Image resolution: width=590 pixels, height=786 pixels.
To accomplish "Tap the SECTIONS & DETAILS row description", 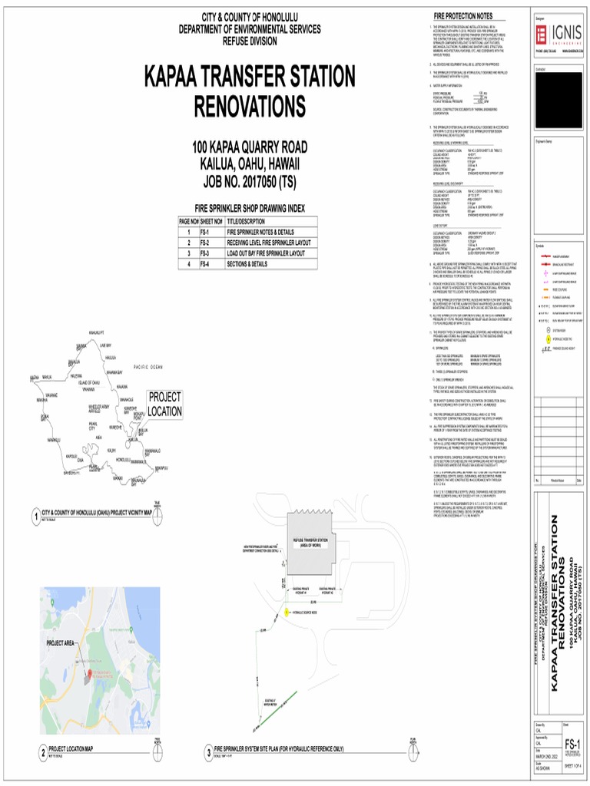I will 247,263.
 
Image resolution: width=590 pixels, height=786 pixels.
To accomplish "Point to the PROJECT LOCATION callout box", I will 165,404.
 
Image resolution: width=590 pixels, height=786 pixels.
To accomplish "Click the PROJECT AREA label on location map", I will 60,642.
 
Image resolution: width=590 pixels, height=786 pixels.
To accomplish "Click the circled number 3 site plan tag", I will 207,751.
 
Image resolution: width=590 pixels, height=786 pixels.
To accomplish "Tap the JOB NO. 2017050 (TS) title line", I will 250,182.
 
